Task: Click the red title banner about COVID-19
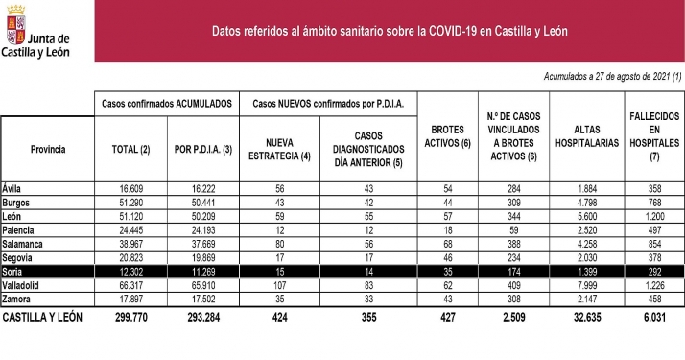pyautogui.click(x=390, y=31)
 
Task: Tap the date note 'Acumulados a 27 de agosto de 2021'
pyautogui.click(x=612, y=76)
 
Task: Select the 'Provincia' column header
pyautogui.click(x=48, y=149)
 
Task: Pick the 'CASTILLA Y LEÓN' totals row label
pyautogui.click(x=42, y=316)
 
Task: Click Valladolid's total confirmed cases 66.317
pyautogui.click(x=131, y=287)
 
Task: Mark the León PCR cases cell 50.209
pyautogui.click(x=201, y=217)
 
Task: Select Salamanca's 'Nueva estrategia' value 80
pyautogui.click(x=279, y=245)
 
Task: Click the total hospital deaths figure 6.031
pyautogui.click(x=653, y=316)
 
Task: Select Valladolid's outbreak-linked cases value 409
pyautogui.click(x=513, y=287)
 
